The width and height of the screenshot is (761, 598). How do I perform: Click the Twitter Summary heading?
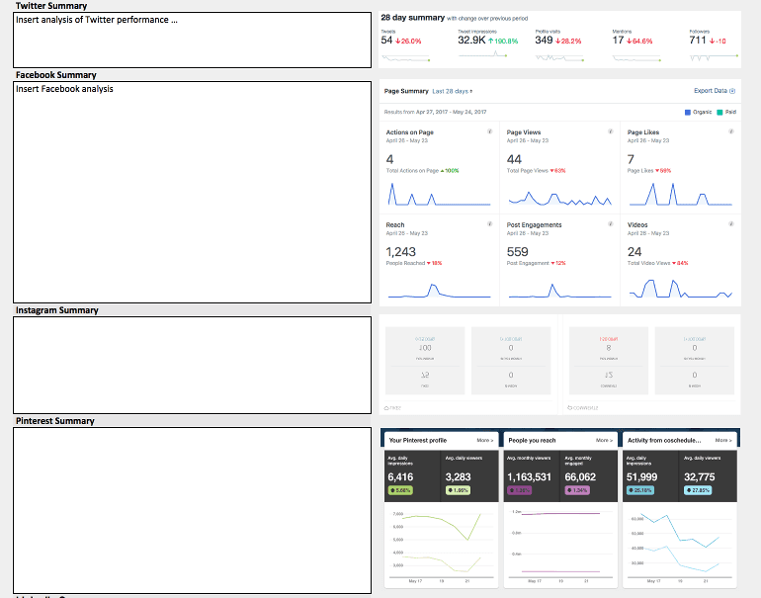(51, 6)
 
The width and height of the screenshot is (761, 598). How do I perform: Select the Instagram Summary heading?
(57, 310)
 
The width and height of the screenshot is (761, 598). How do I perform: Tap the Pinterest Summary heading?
(56, 421)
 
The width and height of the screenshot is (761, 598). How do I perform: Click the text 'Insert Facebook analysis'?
(64, 89)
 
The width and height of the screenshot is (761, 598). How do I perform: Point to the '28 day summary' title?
(413, 17)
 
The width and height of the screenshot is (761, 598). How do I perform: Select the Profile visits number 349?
(544, 41)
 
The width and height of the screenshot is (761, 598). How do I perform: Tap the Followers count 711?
(698, 41)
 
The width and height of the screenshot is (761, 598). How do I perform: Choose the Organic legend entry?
(701, 113)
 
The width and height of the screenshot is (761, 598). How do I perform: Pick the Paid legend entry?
(728, 113)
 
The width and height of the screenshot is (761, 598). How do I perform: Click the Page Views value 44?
(514, 159)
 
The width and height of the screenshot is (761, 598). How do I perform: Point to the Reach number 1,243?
(400, 252)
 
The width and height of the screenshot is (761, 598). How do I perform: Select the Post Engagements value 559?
(518, 252)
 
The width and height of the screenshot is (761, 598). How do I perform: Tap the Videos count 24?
(634, 252)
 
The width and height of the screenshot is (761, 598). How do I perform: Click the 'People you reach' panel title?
(532, 440)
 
